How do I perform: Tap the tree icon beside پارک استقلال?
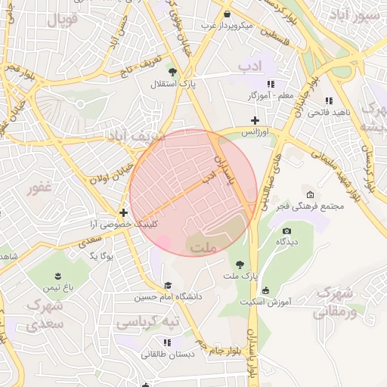coord(173,73)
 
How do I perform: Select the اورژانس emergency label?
coord(255,132)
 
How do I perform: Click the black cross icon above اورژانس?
coord(255,120)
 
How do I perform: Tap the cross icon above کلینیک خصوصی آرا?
coord(122,212)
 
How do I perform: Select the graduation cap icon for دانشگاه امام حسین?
coord(167,285)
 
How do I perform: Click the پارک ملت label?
coord(240,277)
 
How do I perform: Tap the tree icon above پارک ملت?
coord(240,265)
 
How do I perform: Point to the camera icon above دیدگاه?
coord(286,231)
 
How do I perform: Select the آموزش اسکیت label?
coord(266,302)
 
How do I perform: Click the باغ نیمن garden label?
coord(57,288)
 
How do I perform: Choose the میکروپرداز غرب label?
coord(226,25)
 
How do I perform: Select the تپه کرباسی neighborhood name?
coord(147,323)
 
